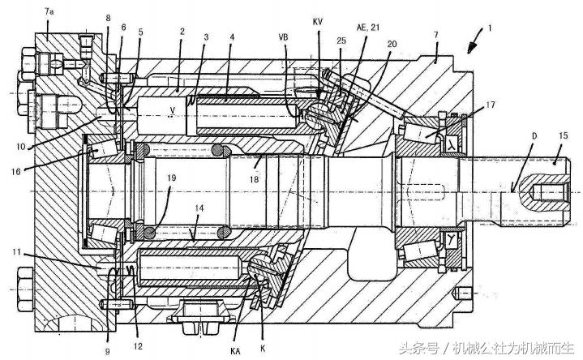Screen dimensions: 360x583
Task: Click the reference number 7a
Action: pyautogui.click(x=50, y=13)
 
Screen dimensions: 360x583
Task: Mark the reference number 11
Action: pyautogui.click(x=19, y=253)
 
